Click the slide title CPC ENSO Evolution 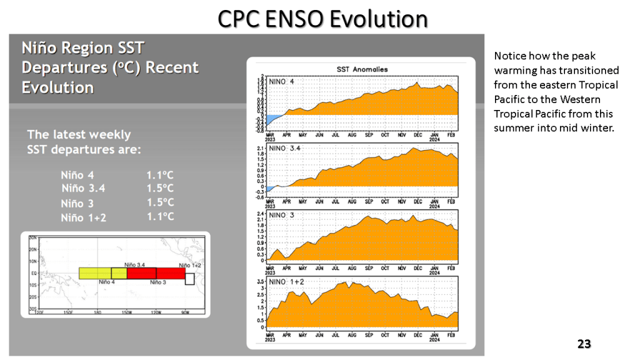pyautogui.click(x=322, y=19)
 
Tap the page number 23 pyautogui.click(x=584, y=344)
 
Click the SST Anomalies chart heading pyautogui.click(x=362, y=69)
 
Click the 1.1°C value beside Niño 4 pyautogui.click(x=160, y=176)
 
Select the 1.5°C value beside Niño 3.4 pyautogui.click(x=160, y=188)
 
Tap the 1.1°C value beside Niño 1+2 pyautogui.click(x=160, y=217)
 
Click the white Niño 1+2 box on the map pyautogui.click(x=190, y=278)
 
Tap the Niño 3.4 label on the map pyautogui.click(x=135, y=265)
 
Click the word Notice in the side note pyautogui.click(x=509, y=56)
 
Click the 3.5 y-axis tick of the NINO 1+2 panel pyautogui.click(x=261, y=283)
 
